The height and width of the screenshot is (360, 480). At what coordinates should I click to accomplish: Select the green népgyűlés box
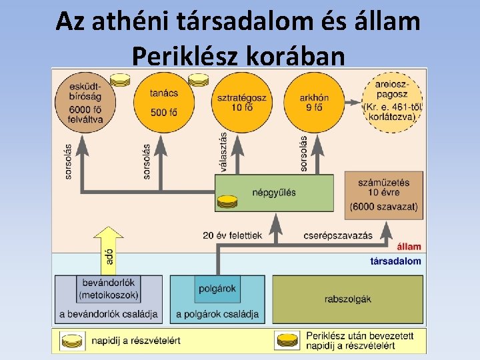[274, 193]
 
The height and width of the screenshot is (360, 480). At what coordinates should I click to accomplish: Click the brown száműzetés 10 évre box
[384, 195]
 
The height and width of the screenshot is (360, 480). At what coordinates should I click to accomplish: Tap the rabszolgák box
[347, 299]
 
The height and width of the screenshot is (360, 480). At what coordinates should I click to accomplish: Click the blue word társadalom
[395, 261]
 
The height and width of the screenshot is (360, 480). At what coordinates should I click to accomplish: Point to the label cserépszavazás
[338, 235]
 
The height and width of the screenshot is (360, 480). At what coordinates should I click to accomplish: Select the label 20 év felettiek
[231, 235]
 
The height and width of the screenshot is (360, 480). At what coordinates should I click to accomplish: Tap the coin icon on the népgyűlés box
[227, 201]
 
